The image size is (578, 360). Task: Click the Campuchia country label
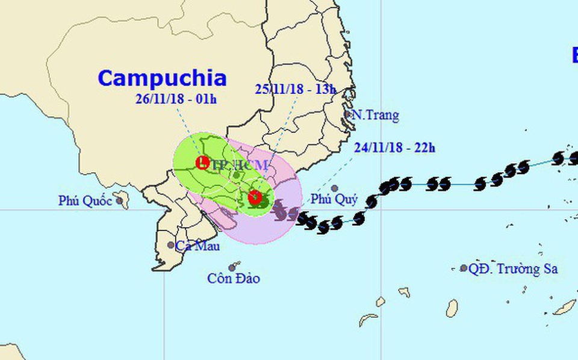pyautogui.click(x=162, y=78)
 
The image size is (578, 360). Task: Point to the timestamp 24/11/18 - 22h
pyautogui.click(x=394, y=147)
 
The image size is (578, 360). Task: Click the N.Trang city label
pyautogui.click(x=375, y=115)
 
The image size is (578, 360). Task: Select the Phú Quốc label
pyautogui.click(x=85, y=201)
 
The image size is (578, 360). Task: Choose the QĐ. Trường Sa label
pyautogui.click(x=514, y=269)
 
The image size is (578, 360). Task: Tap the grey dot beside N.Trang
pyautogui.click(x=348, y=114)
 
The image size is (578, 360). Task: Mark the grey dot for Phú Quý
pyautogui.click(x=334, y=188)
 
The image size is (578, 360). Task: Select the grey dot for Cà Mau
pyautogui.click(x=171, y=245)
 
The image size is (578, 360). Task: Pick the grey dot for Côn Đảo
pyautogui.click(x=232, y=268)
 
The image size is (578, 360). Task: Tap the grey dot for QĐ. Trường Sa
pyautogui.click(x=464, y=268)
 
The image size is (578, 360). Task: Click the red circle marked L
pyautogui.click(x=202, y=161)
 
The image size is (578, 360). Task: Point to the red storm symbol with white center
pyautogui.click(x=255, y=197)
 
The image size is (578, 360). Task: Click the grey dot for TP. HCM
pyautogui.click(x=237, y=175)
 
